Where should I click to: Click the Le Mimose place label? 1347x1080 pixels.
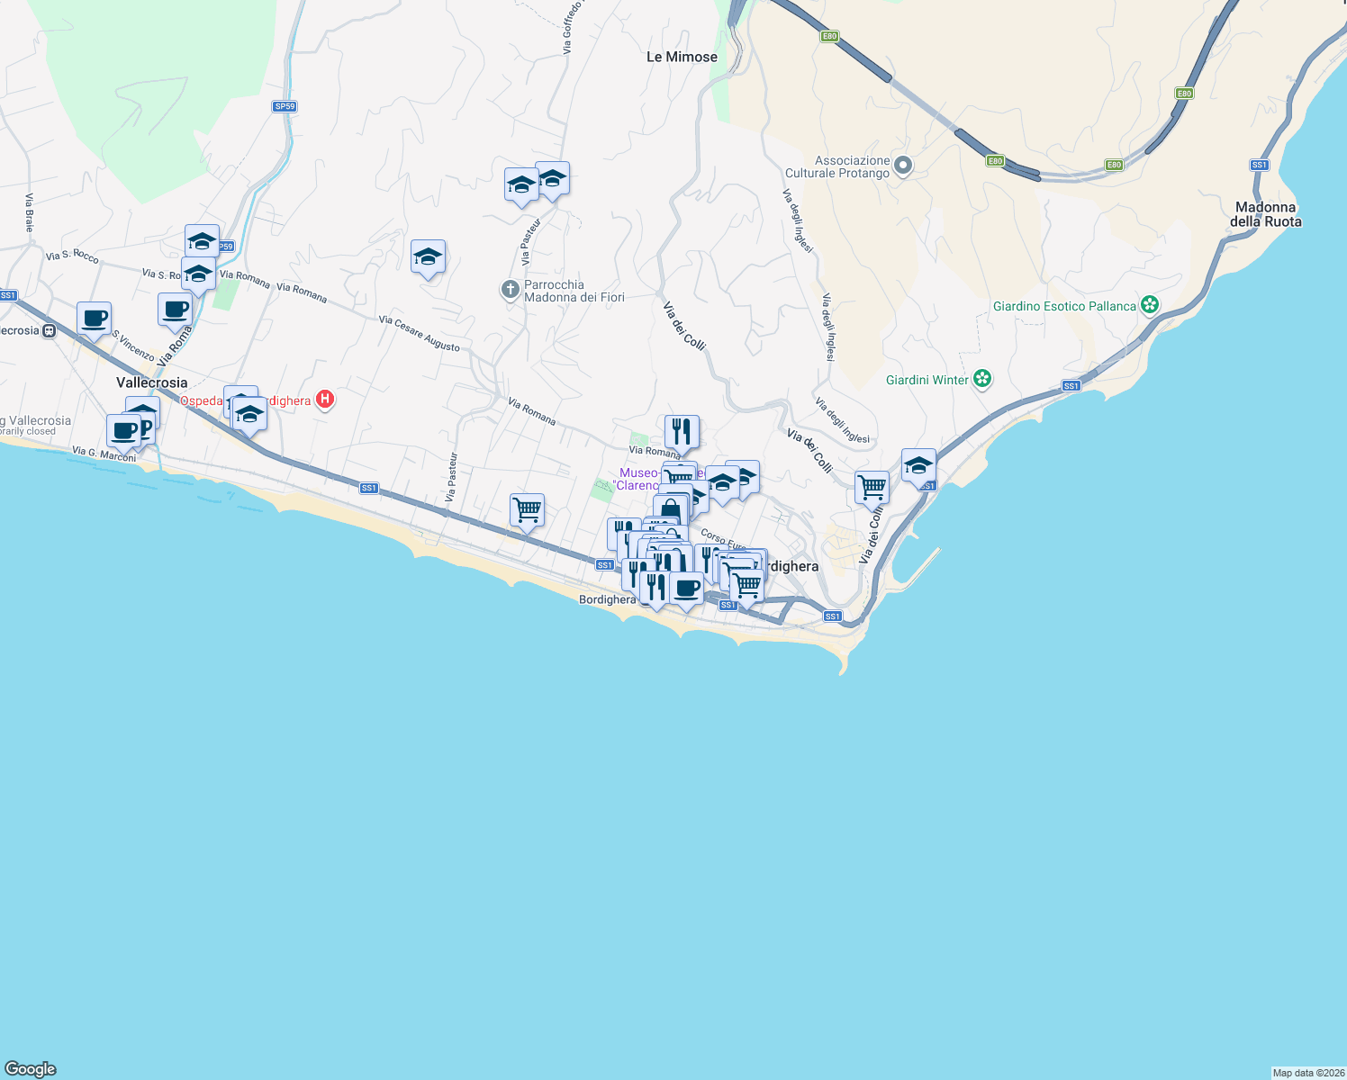[682, 57]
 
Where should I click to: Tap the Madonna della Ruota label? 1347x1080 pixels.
[1265, 214]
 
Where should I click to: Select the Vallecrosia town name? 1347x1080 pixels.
[152, 382]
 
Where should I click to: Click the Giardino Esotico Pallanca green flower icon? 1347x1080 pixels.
[1149, 305]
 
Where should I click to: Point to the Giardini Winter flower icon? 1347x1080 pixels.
[982, 379]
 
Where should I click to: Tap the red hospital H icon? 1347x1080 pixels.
[325, 400]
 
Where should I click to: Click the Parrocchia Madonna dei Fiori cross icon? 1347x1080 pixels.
[511, 290]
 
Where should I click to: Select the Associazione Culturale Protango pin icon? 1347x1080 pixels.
[904, 166]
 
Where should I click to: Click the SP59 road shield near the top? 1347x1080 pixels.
[285, 106]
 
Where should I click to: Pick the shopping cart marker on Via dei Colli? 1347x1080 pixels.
[872, 488]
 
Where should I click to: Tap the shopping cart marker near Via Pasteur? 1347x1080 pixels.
[527, 510]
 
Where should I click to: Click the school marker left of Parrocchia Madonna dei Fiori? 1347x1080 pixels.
[428, 258]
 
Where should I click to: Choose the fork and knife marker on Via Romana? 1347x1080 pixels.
[682, 432]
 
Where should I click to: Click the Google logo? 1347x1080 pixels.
[31, 1069]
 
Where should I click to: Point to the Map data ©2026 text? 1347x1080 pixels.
[1308, 1073]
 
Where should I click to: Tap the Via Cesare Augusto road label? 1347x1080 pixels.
[420, 333]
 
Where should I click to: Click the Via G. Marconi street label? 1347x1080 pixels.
[104, 454]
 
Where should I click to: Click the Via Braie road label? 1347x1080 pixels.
[29, 212]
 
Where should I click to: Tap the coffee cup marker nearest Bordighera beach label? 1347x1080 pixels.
[687, 589]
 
